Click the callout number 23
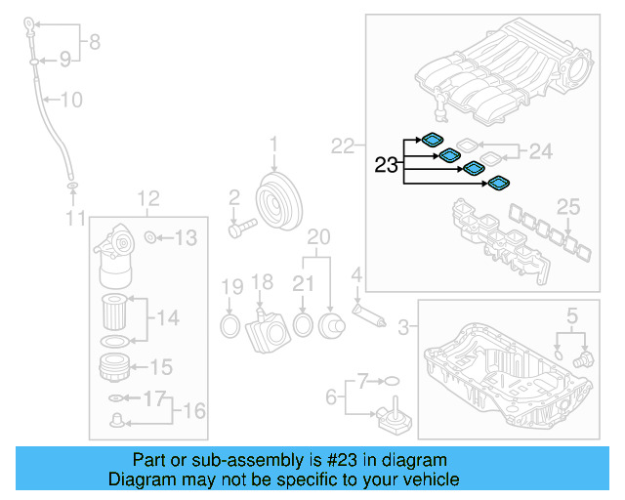coord(387,166)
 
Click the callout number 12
coord(146,200)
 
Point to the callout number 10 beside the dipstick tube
coord(72,99)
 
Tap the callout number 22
coord(342,146)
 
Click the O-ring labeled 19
coord(229,323)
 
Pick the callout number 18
coord(263,283)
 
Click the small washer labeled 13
coord(150,237)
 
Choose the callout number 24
coord(540,151)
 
